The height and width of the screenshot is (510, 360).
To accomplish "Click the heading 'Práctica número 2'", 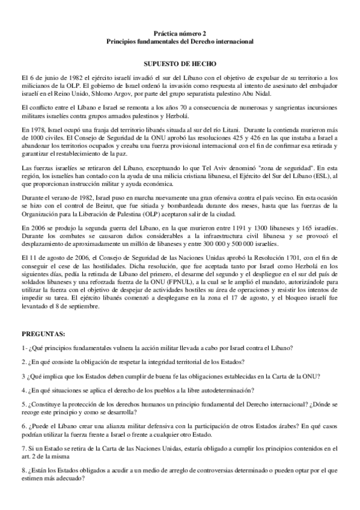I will (180, 34).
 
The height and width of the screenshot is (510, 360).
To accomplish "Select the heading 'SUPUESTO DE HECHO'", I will (180, 63).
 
